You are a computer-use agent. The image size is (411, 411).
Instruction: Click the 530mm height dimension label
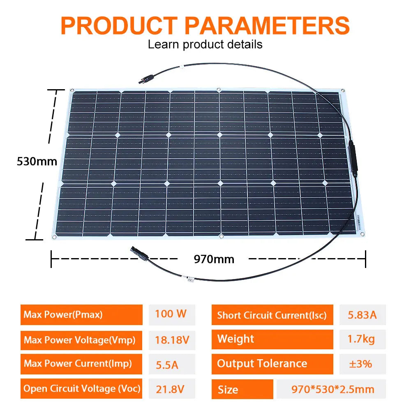pos(37,161)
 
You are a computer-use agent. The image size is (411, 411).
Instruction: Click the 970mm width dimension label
pos(214,259)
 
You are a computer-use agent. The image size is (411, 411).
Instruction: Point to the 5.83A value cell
pos(362,315)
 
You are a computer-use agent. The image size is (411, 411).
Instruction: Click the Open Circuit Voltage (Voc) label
pos(81,389)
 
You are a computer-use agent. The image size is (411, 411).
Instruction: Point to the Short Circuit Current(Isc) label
pos(272,315)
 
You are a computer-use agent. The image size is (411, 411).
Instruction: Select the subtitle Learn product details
pos(205,44)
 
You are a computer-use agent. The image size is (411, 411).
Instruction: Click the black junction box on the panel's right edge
pos(352,157)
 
